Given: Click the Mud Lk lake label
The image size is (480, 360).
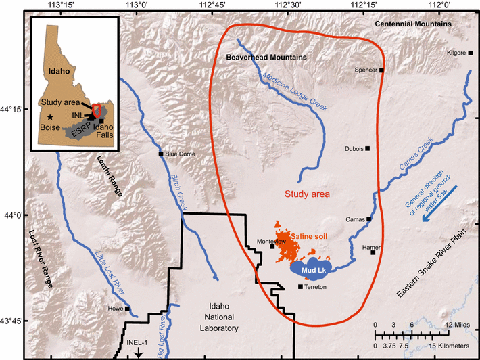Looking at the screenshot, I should click(x=310, y=269).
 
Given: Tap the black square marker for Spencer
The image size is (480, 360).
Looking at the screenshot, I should click(x=382, y=70).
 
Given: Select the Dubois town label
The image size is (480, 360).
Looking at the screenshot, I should click(x=354, y=148).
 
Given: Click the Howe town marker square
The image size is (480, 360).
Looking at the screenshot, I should click(x=127, y=309).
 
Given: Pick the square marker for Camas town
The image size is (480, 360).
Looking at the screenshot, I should click(x=369, y=219).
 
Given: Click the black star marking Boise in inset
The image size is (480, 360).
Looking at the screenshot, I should click(x=51, y=117).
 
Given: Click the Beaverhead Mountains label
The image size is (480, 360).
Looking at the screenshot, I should click(x=266, y=58).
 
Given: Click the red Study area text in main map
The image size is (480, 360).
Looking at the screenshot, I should click(x=307, y=194).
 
